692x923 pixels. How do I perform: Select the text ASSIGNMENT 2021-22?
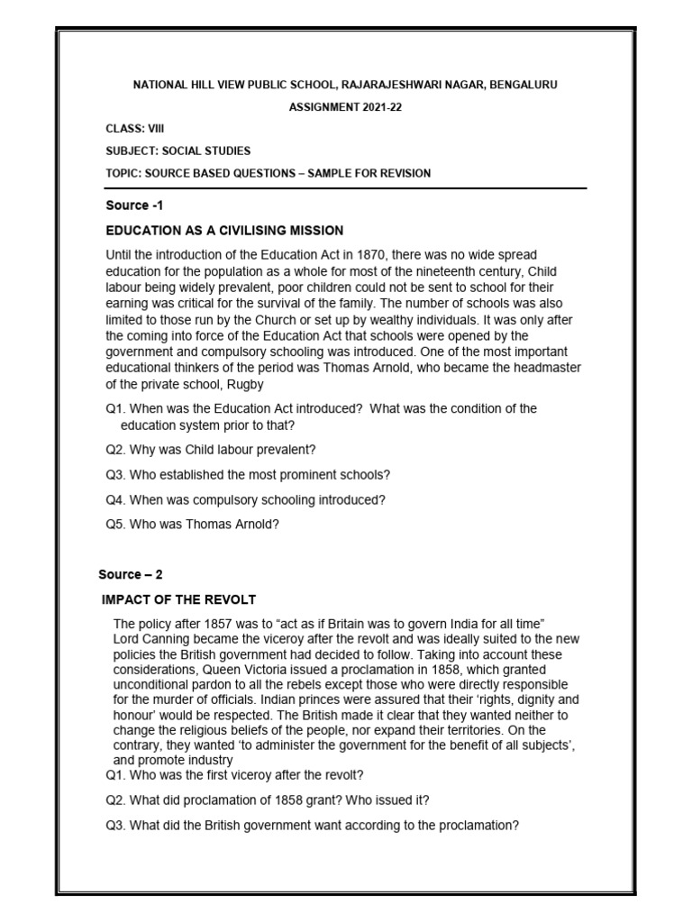pos(346,106)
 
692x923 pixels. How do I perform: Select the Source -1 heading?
pos(135,206)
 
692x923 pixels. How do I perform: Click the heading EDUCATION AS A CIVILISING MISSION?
pos(224,231)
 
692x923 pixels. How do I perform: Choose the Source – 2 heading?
pos(131,574)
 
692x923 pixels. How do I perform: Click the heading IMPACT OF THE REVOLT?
pos(179,599)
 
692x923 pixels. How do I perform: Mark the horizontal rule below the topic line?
pos(346,188)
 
